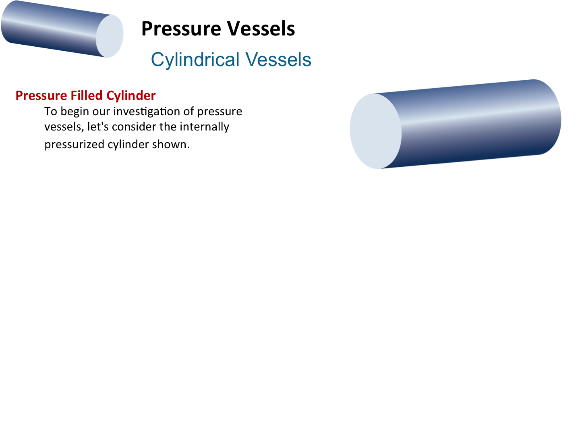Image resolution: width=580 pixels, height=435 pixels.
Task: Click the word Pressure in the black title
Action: (x=181, y=29)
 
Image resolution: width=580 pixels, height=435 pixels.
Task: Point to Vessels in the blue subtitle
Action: (x=278, y=60)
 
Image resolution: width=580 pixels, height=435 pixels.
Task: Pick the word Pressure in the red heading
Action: (x=41, y=95)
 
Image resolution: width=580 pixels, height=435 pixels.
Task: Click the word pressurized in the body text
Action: (x=74, y=145)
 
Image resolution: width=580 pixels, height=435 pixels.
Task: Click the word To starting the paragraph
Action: (x=51, y=111)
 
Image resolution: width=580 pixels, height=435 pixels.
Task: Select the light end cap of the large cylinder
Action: (x=375, y=131)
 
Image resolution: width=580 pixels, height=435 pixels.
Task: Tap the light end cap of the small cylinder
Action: (x=110, y=36)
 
